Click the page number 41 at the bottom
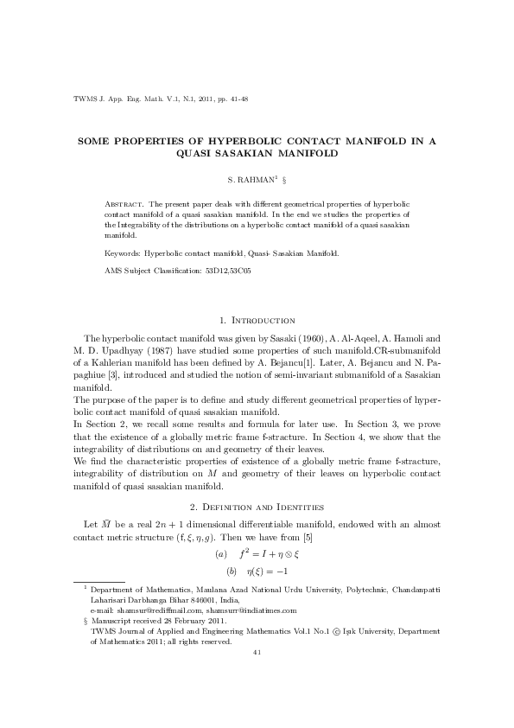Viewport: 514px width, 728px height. pyautogui.click(x=257, y=676)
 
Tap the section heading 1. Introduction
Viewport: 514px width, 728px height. pyautogui.click(x=258, y=321)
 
